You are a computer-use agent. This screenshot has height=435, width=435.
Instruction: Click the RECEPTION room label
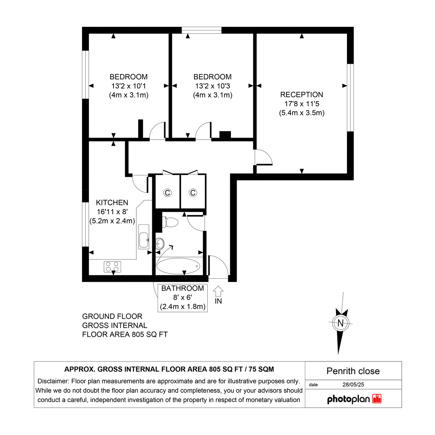[302, 95]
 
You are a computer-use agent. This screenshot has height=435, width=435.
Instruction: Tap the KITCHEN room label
[112, 203]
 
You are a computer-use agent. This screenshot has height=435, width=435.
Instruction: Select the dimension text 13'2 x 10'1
[129, 86]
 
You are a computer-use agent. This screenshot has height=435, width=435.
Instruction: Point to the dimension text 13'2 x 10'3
[212, 86]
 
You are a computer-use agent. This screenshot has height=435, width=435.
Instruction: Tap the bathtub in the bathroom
[178, 266]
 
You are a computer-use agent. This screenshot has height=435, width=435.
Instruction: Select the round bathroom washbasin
[160, 243]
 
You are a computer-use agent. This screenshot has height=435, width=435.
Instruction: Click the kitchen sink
[144, 236]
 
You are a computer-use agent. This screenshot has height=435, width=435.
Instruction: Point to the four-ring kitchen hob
[113, 267]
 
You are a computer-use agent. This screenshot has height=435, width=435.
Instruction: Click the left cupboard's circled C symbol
[167, 192]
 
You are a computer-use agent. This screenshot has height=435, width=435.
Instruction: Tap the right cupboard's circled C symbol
[193, 192]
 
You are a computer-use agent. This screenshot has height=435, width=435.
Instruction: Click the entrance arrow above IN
[218, 291]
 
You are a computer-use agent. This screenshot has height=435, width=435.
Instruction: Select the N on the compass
[340, 323]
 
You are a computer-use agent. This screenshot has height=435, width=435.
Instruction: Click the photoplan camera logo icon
[377, 399]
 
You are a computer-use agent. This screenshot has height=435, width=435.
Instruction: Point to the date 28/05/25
[353, 385]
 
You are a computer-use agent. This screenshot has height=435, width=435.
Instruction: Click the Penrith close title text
[353, 371]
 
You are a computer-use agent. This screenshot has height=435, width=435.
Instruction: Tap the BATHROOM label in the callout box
[182, 289]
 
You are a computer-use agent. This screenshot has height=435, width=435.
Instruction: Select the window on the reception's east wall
[350, 98]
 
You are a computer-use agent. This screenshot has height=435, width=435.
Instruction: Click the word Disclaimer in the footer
[53, 381]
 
